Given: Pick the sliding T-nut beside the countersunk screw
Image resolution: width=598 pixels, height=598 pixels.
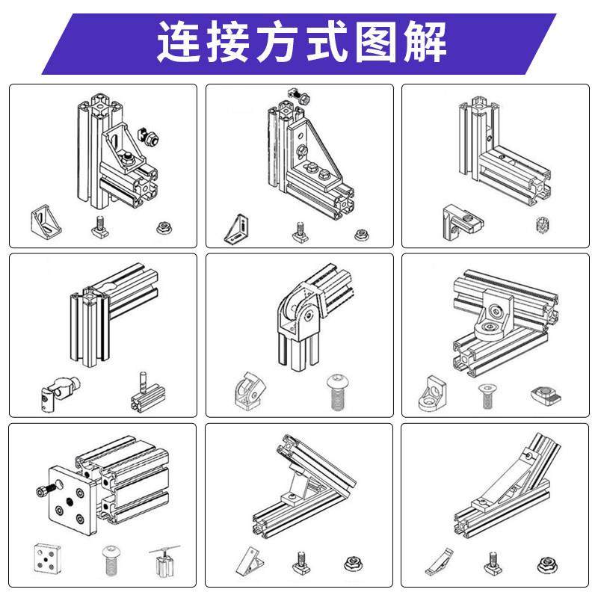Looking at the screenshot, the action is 543,390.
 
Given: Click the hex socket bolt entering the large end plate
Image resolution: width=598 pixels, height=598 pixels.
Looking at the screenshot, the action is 43,490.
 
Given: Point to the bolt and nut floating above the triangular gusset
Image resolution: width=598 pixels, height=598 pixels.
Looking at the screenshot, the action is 298,95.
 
